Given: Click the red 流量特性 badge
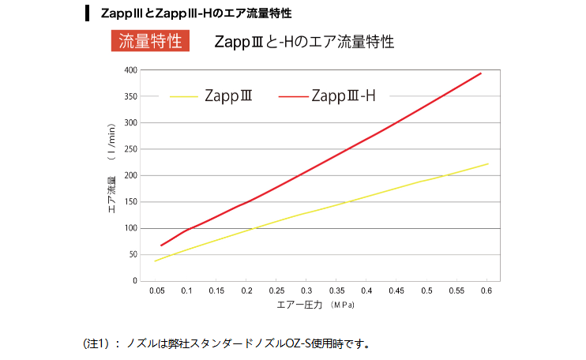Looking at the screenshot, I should pyautogui.click(x=150, y=41).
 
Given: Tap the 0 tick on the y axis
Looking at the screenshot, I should pyautogui.click(x=135, y=281).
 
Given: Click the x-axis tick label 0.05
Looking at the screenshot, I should pyautogui.click(x=156, y=291).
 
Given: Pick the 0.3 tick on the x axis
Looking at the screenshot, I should pyautogui.click(x=306, y=291).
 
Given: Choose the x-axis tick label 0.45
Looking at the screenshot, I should pyautogui.click(x=396, y=291).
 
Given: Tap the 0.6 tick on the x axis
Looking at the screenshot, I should pyautogui.click(x=486, y=291).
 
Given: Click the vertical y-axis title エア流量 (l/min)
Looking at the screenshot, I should pyautogui.click(x=111, y=169).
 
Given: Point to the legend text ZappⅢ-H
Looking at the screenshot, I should pyautogui.click(x=344, y=96).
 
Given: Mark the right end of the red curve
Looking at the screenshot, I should pyautogui.click(x=481, y=73).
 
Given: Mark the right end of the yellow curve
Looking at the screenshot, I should pyautogui.click(x=487, y=164).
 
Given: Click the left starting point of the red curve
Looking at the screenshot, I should pyautogui.click(x=161, y=246).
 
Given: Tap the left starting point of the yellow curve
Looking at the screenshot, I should pyautogui.click(x=156, y=261).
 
